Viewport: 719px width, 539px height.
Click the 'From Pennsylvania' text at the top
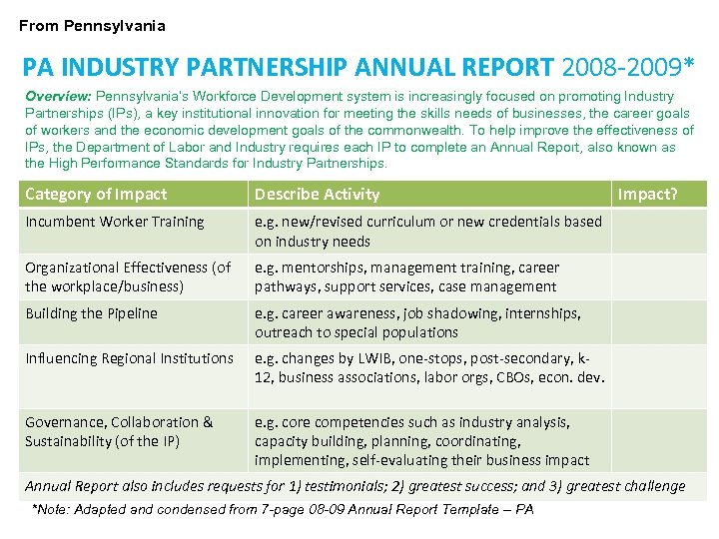92,26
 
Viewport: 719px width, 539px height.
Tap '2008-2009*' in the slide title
627,67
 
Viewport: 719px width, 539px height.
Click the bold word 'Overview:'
58,97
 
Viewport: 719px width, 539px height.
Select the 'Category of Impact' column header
96,194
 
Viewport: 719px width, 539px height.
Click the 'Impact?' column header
648,194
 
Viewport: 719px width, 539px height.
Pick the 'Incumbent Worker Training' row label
114,222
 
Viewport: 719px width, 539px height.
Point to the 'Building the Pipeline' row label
91,313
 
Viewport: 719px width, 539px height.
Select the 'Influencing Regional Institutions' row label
129,358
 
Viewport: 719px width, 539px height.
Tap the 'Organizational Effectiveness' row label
127,276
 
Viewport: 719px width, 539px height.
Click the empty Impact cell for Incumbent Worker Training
658,231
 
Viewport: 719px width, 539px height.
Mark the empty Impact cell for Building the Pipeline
658,322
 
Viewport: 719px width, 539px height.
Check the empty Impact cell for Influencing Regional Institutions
658,375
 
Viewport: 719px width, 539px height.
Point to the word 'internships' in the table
542,313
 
